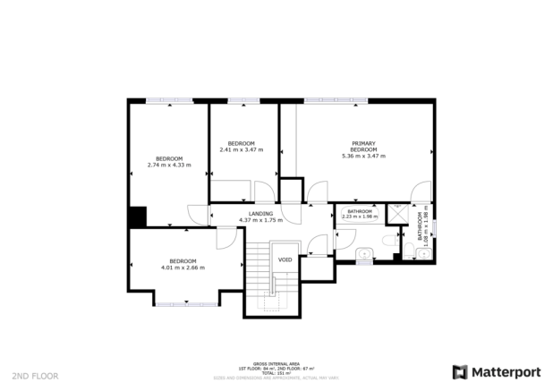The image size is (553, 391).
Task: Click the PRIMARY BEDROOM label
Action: tap(363, 146)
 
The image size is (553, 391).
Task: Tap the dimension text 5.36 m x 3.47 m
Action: tap(363, 156)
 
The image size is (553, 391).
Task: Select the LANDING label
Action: tap(260, 214)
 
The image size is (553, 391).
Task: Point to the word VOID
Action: tap(285, 259)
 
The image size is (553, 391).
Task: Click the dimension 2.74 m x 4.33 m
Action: tap(169, 164)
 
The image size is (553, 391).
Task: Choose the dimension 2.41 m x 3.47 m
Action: tap(241, 149)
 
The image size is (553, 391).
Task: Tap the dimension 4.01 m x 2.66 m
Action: tap(183, 267)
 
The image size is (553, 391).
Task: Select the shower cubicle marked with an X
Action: tap(416, 216)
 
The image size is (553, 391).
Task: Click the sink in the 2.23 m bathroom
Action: tap(362, 257)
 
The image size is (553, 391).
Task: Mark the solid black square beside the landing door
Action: tap(137, 217)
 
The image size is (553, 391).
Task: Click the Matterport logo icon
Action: tap(460, 371)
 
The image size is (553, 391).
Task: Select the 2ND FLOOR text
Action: tap(36, 376)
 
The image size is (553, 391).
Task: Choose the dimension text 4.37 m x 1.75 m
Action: tap(260, 220)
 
